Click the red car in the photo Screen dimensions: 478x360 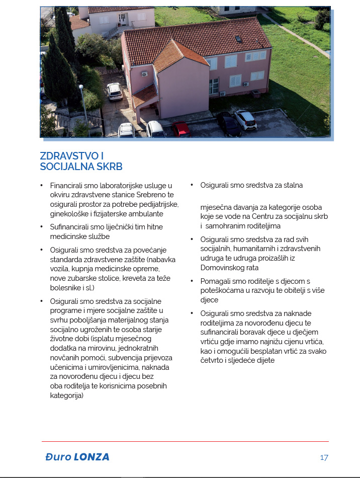(181, 129)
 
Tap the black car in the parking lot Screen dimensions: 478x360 (228, 124)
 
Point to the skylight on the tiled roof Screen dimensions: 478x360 (239, 38)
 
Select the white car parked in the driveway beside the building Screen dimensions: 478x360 (114, 91)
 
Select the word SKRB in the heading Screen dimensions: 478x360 (111, 167)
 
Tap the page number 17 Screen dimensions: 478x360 (324, 457)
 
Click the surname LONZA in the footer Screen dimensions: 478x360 (91, 457)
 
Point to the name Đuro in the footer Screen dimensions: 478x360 (58, 457)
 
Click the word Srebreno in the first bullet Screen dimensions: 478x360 (146, 195)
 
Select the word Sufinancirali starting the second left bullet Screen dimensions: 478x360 (74, 227)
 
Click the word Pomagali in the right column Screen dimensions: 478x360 (215, 281)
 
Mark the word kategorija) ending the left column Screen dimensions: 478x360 (67, 395)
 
